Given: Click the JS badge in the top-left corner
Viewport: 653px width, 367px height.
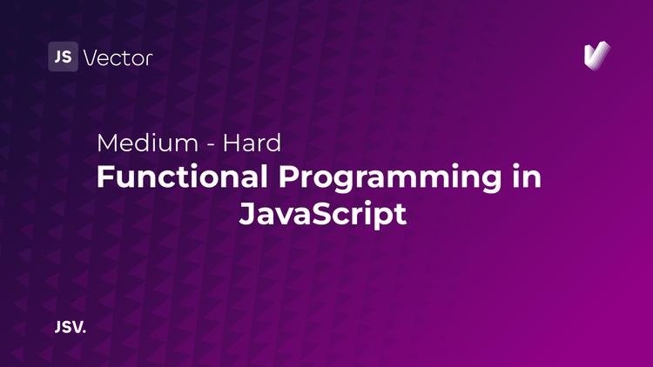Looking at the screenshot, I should tap(63, 57).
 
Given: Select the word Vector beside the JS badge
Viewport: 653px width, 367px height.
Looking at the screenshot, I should tap(118, 58).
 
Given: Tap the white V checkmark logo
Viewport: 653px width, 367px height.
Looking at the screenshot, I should tap(596, 56).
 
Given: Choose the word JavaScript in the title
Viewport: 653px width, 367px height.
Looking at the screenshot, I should tap(323, 213).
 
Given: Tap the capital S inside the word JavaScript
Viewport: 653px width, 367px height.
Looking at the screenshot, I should tap(333, 213).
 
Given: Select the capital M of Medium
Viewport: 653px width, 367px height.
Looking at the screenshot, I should tap(108, 143).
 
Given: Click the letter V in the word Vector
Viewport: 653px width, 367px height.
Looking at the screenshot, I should tap(90, 58).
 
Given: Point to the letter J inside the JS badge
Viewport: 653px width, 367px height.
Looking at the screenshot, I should tap(58, 57).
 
